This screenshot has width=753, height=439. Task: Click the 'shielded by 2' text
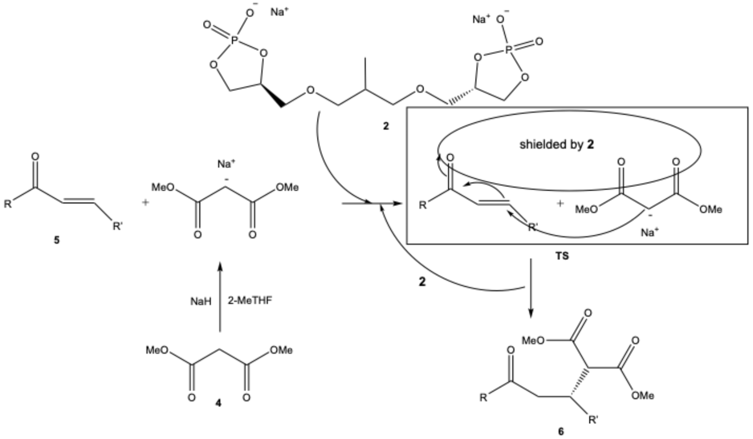[x=556, y=144]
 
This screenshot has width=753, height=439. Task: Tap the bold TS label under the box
[x=562, y=256]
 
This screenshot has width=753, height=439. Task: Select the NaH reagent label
[x=201, y=302]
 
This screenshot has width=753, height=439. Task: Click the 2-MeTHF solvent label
[x=250, y=301]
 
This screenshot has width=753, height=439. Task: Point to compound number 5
[x=56, y=240]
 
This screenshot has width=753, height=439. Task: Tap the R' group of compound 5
[x=118, y=226]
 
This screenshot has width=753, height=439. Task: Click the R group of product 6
[x=483, y=398]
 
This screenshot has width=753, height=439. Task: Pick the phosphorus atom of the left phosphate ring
[x=235, y=40]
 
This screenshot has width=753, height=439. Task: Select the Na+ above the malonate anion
[x=226, y=164]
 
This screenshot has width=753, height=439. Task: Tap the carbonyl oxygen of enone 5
[x=35, y=157]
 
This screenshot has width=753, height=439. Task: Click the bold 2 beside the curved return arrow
[x=422, y=282]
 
